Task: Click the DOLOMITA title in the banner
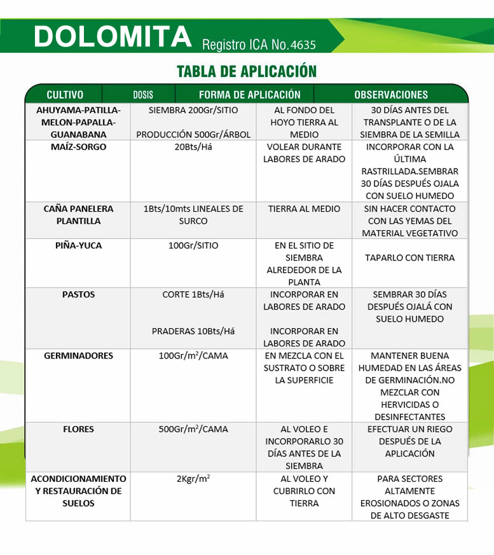tap(113, 37)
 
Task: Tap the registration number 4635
tap(302, 45)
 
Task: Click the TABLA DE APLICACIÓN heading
tap(247, 71)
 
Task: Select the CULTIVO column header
tap(65, 95)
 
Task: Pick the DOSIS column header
tap(143, 95)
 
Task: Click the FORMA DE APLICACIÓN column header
tap(249, 95)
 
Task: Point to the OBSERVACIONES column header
tap(391, 95)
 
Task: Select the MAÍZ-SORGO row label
tap(78, 147)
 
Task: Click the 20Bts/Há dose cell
tap(193, 147)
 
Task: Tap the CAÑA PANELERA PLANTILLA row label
tap(78, 215)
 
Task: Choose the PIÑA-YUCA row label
tap(78, 245)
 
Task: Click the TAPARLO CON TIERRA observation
tap(410, 257)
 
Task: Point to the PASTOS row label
tap(78, 294)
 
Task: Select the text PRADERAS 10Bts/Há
tap(193, 331)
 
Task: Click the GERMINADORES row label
tap(78, 355)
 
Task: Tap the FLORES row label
tap(78, 429)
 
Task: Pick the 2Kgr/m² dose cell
tap(193, 479)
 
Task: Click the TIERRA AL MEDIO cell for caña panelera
tap(304, 209)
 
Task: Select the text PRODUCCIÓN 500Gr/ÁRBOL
tap(193, 135)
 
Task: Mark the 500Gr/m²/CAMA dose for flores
tap(193, 429)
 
